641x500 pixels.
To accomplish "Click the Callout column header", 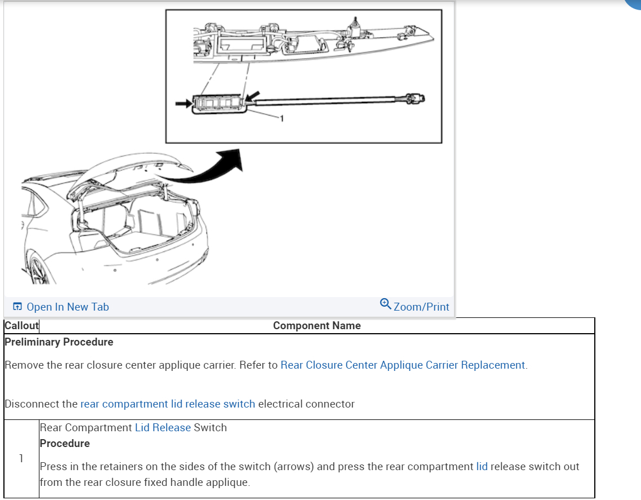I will (21, 326).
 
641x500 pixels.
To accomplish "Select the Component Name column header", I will (317, 326).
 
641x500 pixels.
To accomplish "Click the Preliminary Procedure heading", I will (59, 342).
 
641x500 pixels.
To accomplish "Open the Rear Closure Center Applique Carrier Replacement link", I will (403, 365).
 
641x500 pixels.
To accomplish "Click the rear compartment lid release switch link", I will (167, 404).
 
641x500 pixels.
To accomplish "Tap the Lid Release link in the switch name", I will (163, 428).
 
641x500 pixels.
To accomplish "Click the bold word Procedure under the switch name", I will (65, 444).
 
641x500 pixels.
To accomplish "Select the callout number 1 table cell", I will (21, 458).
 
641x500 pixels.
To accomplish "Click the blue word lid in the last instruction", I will (482, 467).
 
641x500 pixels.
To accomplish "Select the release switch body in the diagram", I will (219, 103).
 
